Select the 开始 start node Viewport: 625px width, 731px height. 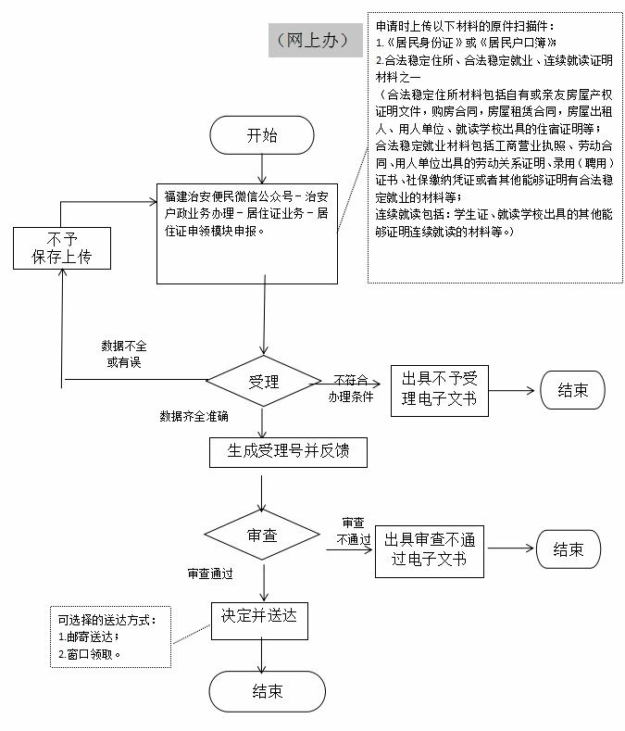(262, 135)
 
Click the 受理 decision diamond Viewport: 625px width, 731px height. (264, 381)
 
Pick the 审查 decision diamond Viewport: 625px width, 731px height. (264, 535)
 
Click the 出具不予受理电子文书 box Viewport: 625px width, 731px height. (439, 389)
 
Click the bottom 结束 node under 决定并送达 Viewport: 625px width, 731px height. (267, 691)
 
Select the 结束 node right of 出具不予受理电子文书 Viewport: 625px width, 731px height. (572, 390)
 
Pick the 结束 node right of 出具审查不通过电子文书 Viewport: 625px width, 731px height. (569, 549)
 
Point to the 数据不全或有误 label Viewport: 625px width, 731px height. (124, 354)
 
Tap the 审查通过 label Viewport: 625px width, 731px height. (210, 574)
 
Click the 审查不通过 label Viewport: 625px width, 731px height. (353, 532)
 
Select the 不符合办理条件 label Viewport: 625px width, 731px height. (351, 386)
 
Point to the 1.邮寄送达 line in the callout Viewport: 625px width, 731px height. (89, 636)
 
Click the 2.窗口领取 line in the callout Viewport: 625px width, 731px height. (89, 653)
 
